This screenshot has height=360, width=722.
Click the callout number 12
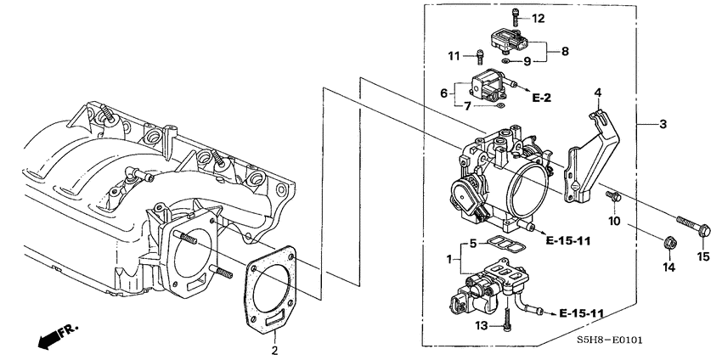click(539, 18)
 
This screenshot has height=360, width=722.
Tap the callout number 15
click(702, 256)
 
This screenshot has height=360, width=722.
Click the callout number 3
click(663, 125)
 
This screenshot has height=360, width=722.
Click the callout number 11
click(454, 56)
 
